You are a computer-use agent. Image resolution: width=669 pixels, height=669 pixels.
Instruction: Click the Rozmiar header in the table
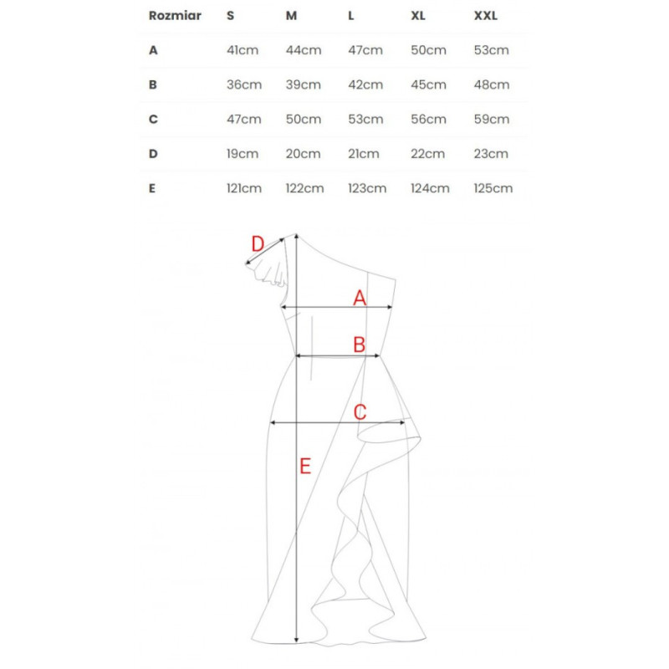pyautogui.click(x=175, y=16)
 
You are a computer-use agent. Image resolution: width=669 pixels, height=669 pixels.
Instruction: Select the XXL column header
pyautogui.click(x=486, y=16)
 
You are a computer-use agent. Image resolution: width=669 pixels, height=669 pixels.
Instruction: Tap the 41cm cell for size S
pyautogui.click(x=243, y=50)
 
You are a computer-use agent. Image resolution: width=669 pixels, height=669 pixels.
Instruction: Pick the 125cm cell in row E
pyautogui.click(x=493, y=189)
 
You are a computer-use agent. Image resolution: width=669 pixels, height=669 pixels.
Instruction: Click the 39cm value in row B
pyautogui.click(x=303, y=85)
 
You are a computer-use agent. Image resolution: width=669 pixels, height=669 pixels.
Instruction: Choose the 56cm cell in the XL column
pyautogui.click(x=428, y=120)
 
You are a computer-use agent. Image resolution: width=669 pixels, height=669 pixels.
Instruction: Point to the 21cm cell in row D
pyautogui.click(x=364, y=154)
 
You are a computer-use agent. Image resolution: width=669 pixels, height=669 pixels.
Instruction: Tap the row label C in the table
pyautogui.click(x=153, y=120)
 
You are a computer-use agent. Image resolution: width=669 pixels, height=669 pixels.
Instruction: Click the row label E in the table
pyautogui.click(x=152, y=189)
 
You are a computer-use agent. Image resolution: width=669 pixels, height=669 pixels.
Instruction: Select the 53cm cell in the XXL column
pyautogui.click(x=491, y=50)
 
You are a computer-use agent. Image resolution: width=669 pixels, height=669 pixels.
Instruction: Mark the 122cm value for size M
pyautogui.click(x=304, y=189)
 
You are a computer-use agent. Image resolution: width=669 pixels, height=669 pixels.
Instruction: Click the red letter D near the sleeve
pyautogui.click(x=258, y=244)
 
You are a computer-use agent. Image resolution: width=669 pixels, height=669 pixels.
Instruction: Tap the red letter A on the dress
pyautogui.click(x=360, y=298)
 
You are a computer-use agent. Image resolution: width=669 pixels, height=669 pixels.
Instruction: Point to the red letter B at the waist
pyautogui.click(x=360, y=345)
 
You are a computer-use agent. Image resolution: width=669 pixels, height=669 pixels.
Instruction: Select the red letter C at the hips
pyautogui.click(x=360, y=412)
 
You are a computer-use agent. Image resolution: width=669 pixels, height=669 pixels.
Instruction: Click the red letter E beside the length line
pyautogui.click(x=305, y=466)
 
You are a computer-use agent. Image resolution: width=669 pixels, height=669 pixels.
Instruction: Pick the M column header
pyautogui.click(x=291, y=16)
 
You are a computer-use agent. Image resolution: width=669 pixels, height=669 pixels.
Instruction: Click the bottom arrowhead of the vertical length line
pyautogui.click(x=297, y=641)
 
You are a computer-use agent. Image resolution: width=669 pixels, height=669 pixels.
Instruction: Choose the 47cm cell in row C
pyautogui.click(x=243, y=120)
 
